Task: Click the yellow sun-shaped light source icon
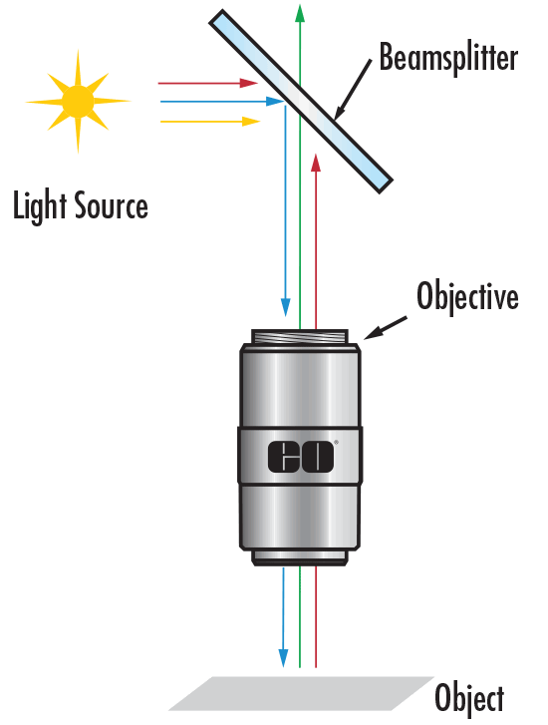click(x=78, y=101)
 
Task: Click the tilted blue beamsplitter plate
click(x=300, y=100)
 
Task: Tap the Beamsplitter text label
click(x=448, y=58)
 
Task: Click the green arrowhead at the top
click(x=300, y=12)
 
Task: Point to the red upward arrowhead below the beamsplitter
click(x=316, y=162)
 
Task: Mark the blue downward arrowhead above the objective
click(x=286, y=304)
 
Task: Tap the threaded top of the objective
click(x=300, y=338)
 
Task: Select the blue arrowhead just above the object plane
click(x=286, y=659)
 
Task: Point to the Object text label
click(x=469, y=697)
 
